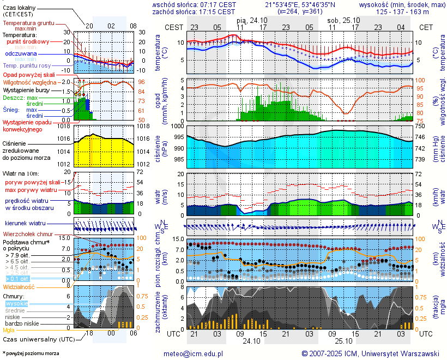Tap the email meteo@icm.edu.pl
point(194,353)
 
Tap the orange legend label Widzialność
point(19,286)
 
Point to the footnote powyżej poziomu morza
point(32,353)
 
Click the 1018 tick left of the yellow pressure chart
point(64,126)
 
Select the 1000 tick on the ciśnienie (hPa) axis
point(177,126)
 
